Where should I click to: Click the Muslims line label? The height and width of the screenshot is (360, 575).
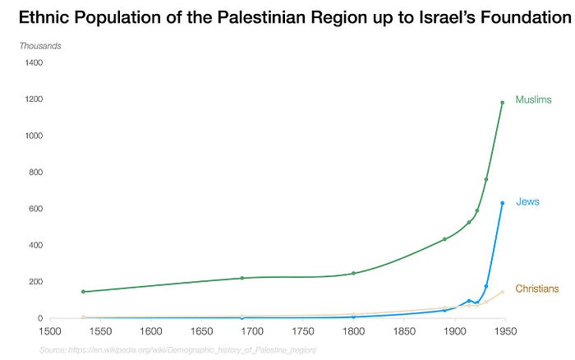(533, 99)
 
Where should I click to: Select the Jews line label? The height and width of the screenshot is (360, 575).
(527, 201)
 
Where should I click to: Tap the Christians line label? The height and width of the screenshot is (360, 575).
(536, 288)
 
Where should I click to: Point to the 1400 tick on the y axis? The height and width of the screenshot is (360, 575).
(34, 63)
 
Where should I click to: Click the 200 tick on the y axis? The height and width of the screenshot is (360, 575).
(36, 282)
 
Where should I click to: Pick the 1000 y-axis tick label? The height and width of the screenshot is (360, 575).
(34, 136)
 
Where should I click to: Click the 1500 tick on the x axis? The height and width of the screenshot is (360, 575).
(50, 332)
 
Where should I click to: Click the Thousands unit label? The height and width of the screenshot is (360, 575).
(39, 45)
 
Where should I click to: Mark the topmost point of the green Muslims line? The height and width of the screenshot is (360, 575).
(502, 103)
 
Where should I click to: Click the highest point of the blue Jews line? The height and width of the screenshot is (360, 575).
(502, 203)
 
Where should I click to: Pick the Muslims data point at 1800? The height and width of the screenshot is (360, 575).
(353, 273)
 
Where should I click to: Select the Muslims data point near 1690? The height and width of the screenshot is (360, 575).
(242, 278)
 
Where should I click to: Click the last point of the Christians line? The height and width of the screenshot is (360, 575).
(502, 292)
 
